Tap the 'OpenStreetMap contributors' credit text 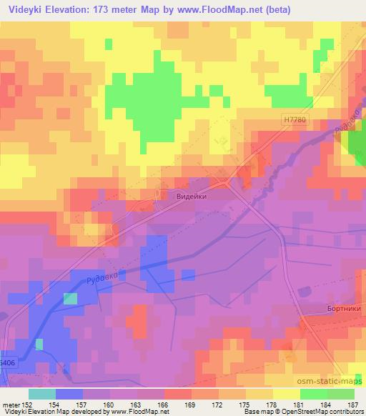point(328,412)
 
